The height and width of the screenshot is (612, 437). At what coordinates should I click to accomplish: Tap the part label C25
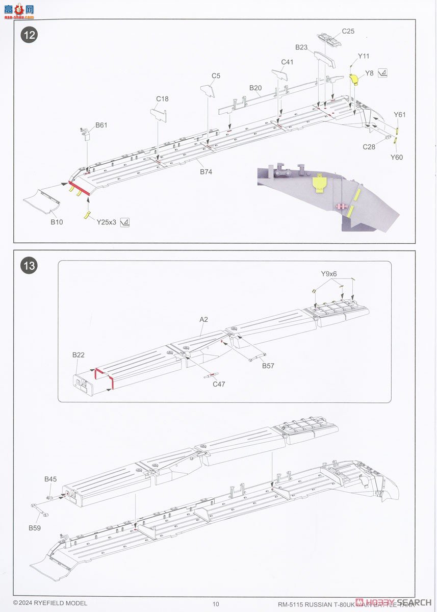[x=348, y=31]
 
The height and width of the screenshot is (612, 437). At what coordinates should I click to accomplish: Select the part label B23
[x=301, y=47]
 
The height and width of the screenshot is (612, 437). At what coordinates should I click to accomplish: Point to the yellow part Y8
[x=354, y=79]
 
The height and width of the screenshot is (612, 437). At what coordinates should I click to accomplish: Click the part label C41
[x=287, y=62]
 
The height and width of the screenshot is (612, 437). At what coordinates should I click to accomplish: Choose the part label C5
[x=216, y=76]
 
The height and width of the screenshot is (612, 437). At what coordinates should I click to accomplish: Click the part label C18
[x=162, y=99]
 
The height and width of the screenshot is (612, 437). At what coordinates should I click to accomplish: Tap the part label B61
[x=101, y=125]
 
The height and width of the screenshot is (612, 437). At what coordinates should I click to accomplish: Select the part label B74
[x=206, y=172]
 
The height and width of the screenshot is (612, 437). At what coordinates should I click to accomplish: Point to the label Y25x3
[x=107, y=222]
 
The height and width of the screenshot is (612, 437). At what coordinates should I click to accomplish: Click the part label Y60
[x=397, y=157]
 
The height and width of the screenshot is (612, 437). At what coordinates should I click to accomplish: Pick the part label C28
[x=369, y=147]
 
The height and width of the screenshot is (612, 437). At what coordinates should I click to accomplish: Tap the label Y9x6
[x=329, y=274]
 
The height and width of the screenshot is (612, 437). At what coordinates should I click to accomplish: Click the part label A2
[x=204, y=319]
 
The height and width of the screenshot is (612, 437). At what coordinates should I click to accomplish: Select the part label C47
[x=219, y=384]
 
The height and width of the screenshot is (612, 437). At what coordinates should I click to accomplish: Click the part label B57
[x=268, y=366]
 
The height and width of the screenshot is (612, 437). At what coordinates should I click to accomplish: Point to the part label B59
[x=34, y=527]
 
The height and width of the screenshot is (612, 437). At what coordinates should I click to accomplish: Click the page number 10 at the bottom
[x=216, y=604]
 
